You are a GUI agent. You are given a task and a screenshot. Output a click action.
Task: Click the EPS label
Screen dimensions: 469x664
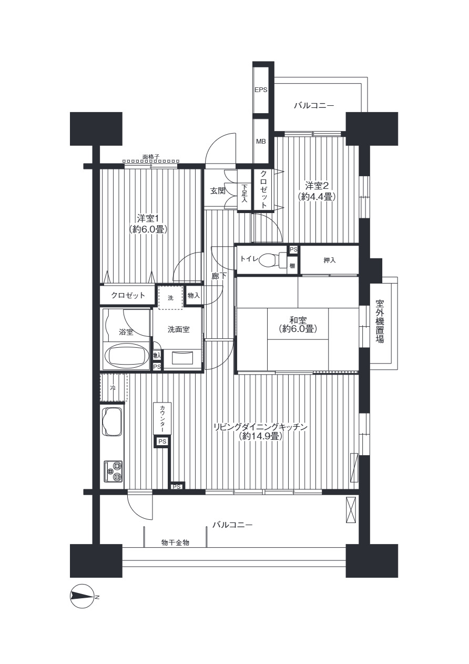click(x=261, y=90)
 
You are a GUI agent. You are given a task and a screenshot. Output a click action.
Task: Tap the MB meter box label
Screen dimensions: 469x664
click(x=261, y=142)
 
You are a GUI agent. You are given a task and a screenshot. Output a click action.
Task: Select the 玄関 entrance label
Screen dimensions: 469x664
click(x=218, y=191)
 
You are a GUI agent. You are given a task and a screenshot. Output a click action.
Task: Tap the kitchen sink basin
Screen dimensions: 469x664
click(x=111, y=422)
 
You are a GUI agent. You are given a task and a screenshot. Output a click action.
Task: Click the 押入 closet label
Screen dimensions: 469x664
click(x=330, y=260)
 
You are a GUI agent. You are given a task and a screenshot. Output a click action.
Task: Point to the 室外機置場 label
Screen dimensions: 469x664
click(x=380, y=321)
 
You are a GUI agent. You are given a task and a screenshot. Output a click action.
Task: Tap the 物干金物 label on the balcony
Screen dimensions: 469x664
click(x=175, y=543)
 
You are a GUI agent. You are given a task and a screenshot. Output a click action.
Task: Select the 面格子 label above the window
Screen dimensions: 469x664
click(x=151, y=156)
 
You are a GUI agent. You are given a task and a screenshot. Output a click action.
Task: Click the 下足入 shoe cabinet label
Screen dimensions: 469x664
click(x=244, y=193)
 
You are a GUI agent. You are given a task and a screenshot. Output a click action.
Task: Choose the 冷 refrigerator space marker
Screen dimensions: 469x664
click(x=113, y=388)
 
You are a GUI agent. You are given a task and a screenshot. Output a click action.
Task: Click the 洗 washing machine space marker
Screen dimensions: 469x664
click(x=171, y=298)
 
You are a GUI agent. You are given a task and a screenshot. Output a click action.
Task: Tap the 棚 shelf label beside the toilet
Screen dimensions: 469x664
click(x=292, y=266)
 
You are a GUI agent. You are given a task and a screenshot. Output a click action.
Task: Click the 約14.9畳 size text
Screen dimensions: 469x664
click(x=260, y=436)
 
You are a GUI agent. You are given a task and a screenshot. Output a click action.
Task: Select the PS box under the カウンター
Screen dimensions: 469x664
click(x=162, y=441)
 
